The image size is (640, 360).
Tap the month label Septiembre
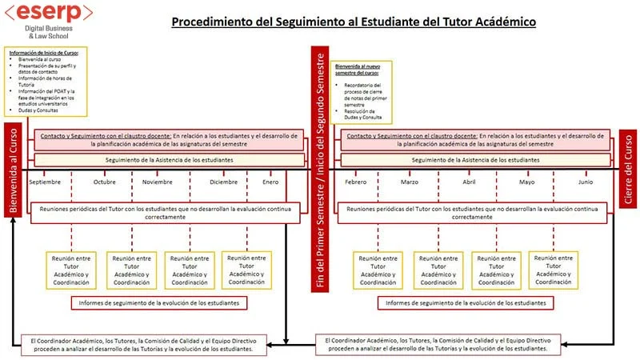click(x=45, y=182)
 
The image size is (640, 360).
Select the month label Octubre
click(x=105, y=182)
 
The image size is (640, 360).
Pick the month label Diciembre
click(x=224, y=182)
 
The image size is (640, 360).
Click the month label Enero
click(x=271, y=182)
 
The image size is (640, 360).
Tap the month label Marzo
click(x=410, y=182)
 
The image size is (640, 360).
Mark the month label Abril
click(x=469, y=182)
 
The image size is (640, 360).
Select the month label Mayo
click(x=527, y=182)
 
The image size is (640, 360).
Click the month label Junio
click(x=586, y=182)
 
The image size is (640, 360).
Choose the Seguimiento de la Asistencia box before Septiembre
click(x=169, y=160)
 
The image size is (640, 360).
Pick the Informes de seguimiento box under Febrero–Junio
click(x=466, y=303)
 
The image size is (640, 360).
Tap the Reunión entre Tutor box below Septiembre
click(x=71, y=270)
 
